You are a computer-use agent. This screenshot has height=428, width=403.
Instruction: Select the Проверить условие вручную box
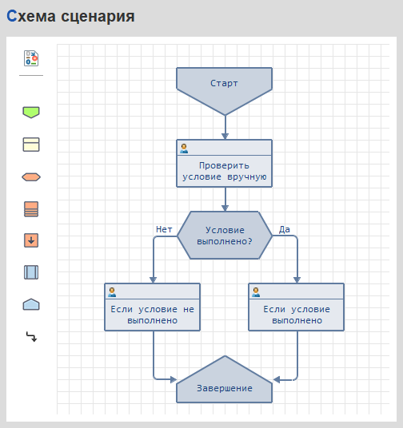224,163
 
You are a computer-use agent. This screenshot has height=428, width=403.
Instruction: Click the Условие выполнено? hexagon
225,235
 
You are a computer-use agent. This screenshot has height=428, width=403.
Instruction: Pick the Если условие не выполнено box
152,307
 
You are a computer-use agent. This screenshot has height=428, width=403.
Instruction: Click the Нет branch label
164,229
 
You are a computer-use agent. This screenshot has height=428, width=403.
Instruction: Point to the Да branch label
285,229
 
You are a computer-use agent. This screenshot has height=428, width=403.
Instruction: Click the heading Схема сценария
70,16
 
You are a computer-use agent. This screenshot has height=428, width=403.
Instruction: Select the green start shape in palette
31,112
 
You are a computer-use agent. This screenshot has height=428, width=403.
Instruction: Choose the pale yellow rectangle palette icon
31,145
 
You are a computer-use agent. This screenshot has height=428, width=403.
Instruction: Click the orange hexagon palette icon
31,177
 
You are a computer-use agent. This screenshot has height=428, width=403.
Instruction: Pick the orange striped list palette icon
31,209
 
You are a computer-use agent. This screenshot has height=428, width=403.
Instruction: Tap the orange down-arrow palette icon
31,240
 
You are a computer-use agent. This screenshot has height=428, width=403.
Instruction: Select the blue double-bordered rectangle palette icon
31,272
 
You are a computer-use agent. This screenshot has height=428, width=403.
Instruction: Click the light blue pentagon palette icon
31,304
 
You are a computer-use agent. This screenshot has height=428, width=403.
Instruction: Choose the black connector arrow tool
31,337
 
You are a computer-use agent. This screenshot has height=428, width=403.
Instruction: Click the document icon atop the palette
31,58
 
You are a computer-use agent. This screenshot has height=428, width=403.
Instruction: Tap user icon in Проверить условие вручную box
184,149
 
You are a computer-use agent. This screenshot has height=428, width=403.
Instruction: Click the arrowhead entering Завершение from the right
277,379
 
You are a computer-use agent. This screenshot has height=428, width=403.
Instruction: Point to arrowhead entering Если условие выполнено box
297,280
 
